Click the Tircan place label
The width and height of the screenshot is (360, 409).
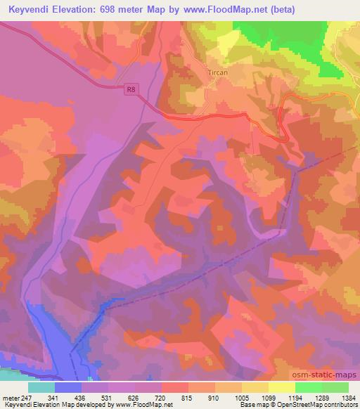click(219, 72)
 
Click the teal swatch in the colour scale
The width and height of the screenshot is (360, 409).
click(41, 387)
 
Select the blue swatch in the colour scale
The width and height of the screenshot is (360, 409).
click(68, 387)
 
